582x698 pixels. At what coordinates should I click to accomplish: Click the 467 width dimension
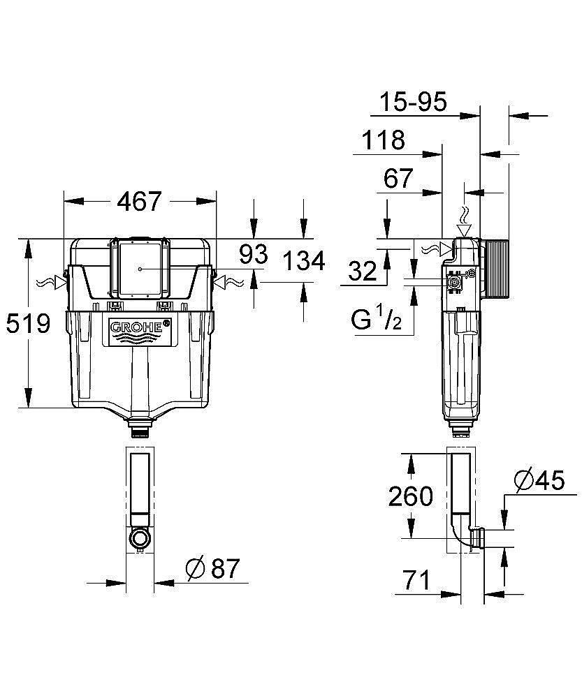[139, 201]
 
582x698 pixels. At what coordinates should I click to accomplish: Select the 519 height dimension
[28, 323]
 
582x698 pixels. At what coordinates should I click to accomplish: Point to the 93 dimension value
[253, 255]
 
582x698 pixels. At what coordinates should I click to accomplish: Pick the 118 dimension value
[383, 140]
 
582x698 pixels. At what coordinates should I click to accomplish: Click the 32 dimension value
[363, 272]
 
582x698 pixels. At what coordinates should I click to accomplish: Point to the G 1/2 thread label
[375, 322]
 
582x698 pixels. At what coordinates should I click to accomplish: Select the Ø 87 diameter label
[212, 569]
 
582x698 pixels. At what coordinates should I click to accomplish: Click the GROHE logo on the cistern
[140, 327]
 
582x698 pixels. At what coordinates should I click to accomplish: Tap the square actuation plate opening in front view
[140, 269]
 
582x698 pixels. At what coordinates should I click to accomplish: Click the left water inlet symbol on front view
[54, 283]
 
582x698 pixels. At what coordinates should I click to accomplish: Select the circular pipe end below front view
[140, 538]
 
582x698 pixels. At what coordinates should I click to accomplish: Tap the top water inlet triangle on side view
[463, 230]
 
